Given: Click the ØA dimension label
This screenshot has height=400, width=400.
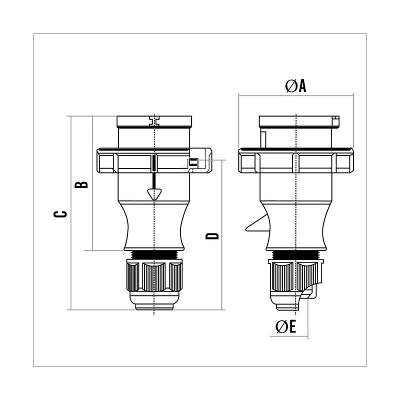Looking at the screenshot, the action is coord(295,86).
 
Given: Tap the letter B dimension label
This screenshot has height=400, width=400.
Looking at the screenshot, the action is coord(81,184).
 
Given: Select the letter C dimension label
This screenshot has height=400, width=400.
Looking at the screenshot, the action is coord(60,214).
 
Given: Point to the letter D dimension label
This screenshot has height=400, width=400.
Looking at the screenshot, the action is coord(212,236).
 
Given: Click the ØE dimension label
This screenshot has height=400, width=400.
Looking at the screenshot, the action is coord(285,327).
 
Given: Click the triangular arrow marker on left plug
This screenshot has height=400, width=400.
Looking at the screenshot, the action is coord(154,194).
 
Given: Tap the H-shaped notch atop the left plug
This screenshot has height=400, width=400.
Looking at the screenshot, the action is coord(154,121).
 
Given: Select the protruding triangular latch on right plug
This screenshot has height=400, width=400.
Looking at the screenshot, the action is coord(257,223).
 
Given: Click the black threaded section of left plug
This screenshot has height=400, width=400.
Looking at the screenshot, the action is coord(154,254).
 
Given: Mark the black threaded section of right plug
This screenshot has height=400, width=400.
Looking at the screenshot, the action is coord(296,254).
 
